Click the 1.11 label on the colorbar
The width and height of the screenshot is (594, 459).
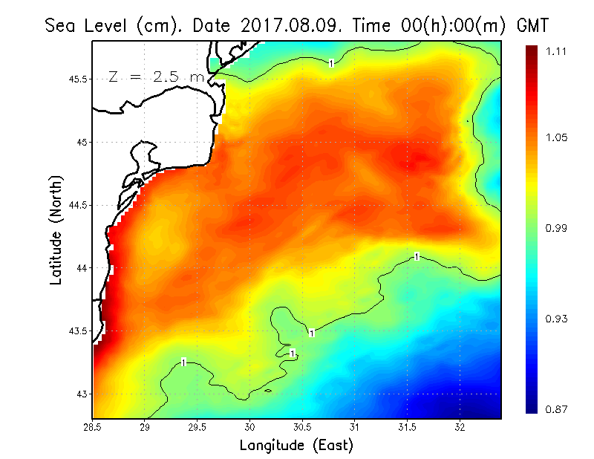(x=557, y=51)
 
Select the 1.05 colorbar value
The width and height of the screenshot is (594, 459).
(x=557, y=138)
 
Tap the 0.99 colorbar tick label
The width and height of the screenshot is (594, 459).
(x=557, y=228)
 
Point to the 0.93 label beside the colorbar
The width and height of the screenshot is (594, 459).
(x=557, y=319)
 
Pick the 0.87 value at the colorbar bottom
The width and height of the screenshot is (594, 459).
(x=557, y=408)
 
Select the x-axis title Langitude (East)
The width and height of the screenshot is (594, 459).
(x=296, y=445)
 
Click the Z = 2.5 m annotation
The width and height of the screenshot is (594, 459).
(x=156, y=76)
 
